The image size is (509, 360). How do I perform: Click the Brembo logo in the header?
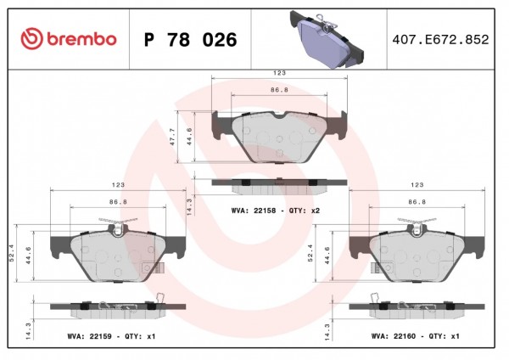pyautogui.click(x=69, y=39)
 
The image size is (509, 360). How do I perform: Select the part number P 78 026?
pyautogui.click(x=191, y=40)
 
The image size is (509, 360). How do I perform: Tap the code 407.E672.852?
pyautogui.click(x=440, y=40)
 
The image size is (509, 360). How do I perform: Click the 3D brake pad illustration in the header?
pyautogui.click(x=327, y=39)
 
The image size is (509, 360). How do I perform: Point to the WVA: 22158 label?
pyautogui.click(x=254, y=211)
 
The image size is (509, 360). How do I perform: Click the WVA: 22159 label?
pyautogui.click(x=89, y=336)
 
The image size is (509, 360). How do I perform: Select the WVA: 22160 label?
pyautogui.click(x=394, y=336)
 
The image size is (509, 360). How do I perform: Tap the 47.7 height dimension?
pyautogui.click(x=172, y=137)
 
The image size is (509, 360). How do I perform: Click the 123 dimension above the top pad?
pyautogui.click(x=279, y=73)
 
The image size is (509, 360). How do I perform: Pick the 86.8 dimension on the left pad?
pyautogui.click(x=118, y=202)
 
